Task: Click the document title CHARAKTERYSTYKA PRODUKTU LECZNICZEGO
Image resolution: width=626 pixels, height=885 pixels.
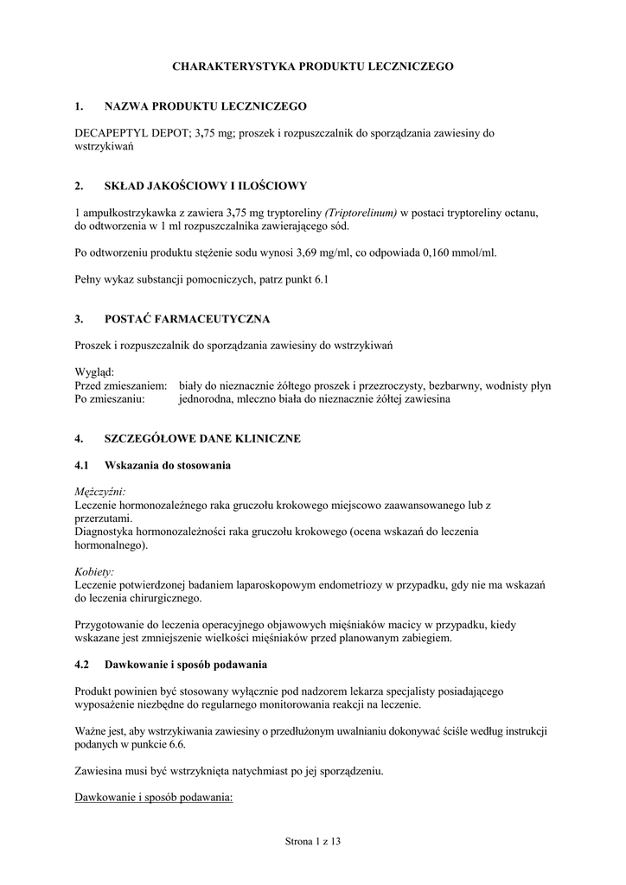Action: coord(312,66)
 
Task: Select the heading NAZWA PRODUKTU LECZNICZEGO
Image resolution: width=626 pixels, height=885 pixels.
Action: coord(206,106)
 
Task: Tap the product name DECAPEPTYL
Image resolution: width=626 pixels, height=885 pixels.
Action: coord(108,133)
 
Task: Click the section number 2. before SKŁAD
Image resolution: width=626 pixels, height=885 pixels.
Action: coord(80,185)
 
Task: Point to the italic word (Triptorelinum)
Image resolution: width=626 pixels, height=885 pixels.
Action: coord(361,212)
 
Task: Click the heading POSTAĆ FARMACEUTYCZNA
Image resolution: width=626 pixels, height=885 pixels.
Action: coord(187,319)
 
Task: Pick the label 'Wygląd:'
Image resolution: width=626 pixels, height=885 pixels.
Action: coord(94,372)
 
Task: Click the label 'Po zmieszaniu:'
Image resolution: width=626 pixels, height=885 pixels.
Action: coord(110,399)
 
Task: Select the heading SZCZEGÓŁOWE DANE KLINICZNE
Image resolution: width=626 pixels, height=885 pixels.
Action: coord(202,439)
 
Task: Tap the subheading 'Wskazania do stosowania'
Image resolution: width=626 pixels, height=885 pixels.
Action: coord(168,466)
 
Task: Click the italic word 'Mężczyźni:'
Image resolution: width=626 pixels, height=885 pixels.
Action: coord(100,492)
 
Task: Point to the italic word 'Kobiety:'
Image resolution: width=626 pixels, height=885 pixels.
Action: coord(95,571)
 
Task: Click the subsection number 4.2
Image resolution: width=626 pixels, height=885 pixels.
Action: coord(83,665)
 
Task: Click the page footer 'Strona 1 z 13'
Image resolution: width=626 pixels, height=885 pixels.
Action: coord(313,840)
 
